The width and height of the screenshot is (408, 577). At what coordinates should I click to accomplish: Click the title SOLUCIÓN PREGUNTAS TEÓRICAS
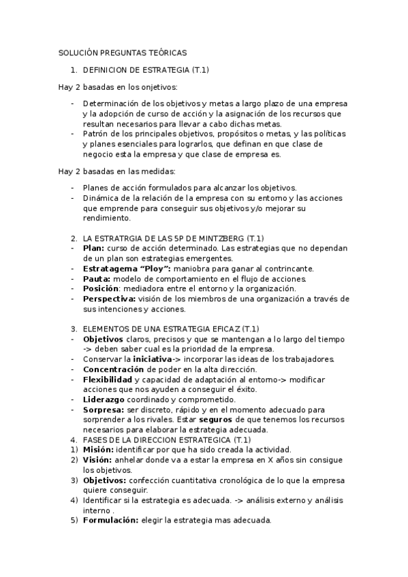click(x=122, y=52)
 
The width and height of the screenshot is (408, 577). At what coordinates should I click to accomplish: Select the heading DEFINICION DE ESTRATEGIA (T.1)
click(x=146, y=70)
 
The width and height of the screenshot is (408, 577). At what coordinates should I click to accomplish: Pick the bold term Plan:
click(x=93, y=248)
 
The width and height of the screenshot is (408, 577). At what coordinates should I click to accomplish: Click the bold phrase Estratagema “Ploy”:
click(x=127, y=268)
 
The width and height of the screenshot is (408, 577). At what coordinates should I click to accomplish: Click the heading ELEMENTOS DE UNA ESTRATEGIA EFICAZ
click(x=175, y=329)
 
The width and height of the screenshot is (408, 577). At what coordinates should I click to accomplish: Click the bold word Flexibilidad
click(x=108, y=379)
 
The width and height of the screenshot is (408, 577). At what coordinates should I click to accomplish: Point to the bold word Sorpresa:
click(x=104, y=410)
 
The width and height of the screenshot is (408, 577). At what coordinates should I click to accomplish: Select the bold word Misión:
click(x=98, y=450)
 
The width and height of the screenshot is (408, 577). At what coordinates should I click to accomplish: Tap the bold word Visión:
click(x=97, y=460)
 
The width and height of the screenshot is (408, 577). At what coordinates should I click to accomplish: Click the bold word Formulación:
click(x=110, y=521)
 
